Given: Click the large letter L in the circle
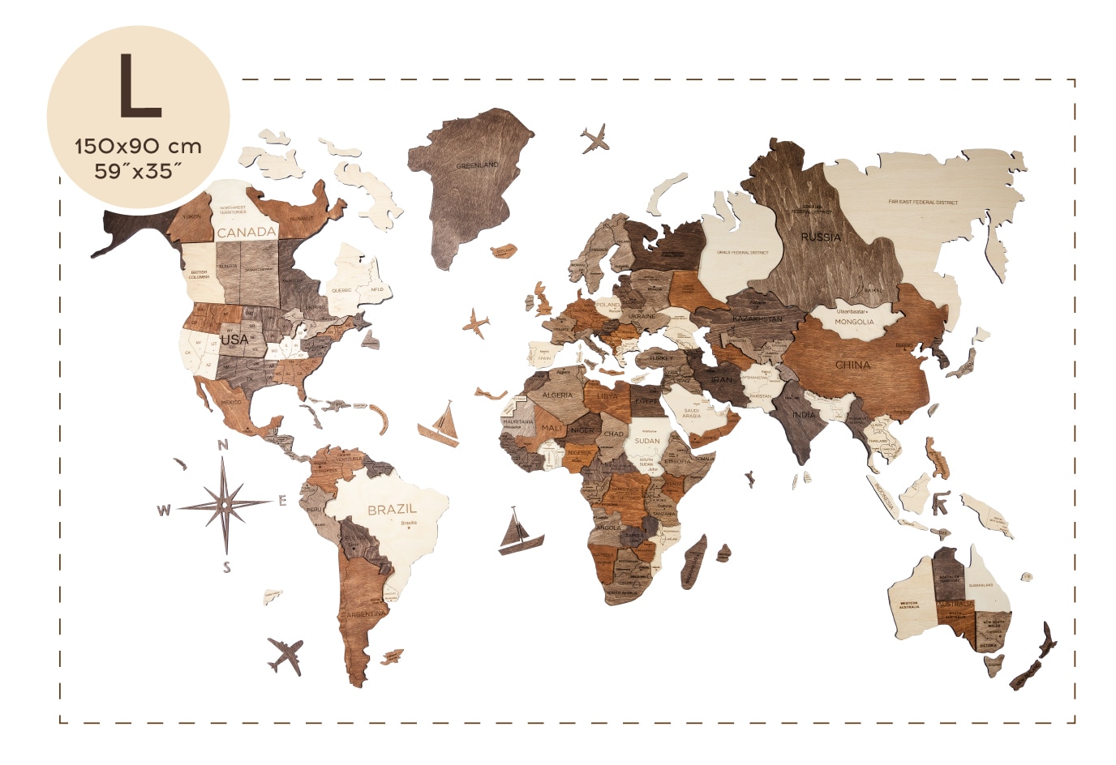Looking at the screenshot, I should click(x=139, y=86).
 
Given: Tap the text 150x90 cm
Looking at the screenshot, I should click(x=138, y=147).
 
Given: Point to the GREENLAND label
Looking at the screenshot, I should click(x=477, y=165).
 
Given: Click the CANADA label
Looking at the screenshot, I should click(x=247, y=232).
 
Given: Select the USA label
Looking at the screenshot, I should click(x=234, y=340).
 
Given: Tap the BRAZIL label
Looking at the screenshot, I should click(x=392, y=510).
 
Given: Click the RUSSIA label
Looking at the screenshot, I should click(x=821, y=237).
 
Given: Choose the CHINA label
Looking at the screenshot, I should click(x=853, y=365).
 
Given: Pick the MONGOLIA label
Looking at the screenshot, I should click(x=854, y=322).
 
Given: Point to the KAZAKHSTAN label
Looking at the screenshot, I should click(x=758, y=319).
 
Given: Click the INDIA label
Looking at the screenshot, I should click(x=804, y=415).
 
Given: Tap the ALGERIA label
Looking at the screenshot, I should click(x=557, y=395).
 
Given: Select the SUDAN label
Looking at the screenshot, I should click(x=647, y=441).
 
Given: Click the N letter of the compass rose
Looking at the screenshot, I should click(x=223, y=445).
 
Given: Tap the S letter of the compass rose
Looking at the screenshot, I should click(x=226, y=567).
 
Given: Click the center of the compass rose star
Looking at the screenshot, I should click(x=225, y=504).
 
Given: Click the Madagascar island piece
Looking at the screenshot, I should click(x=694, y=562).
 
